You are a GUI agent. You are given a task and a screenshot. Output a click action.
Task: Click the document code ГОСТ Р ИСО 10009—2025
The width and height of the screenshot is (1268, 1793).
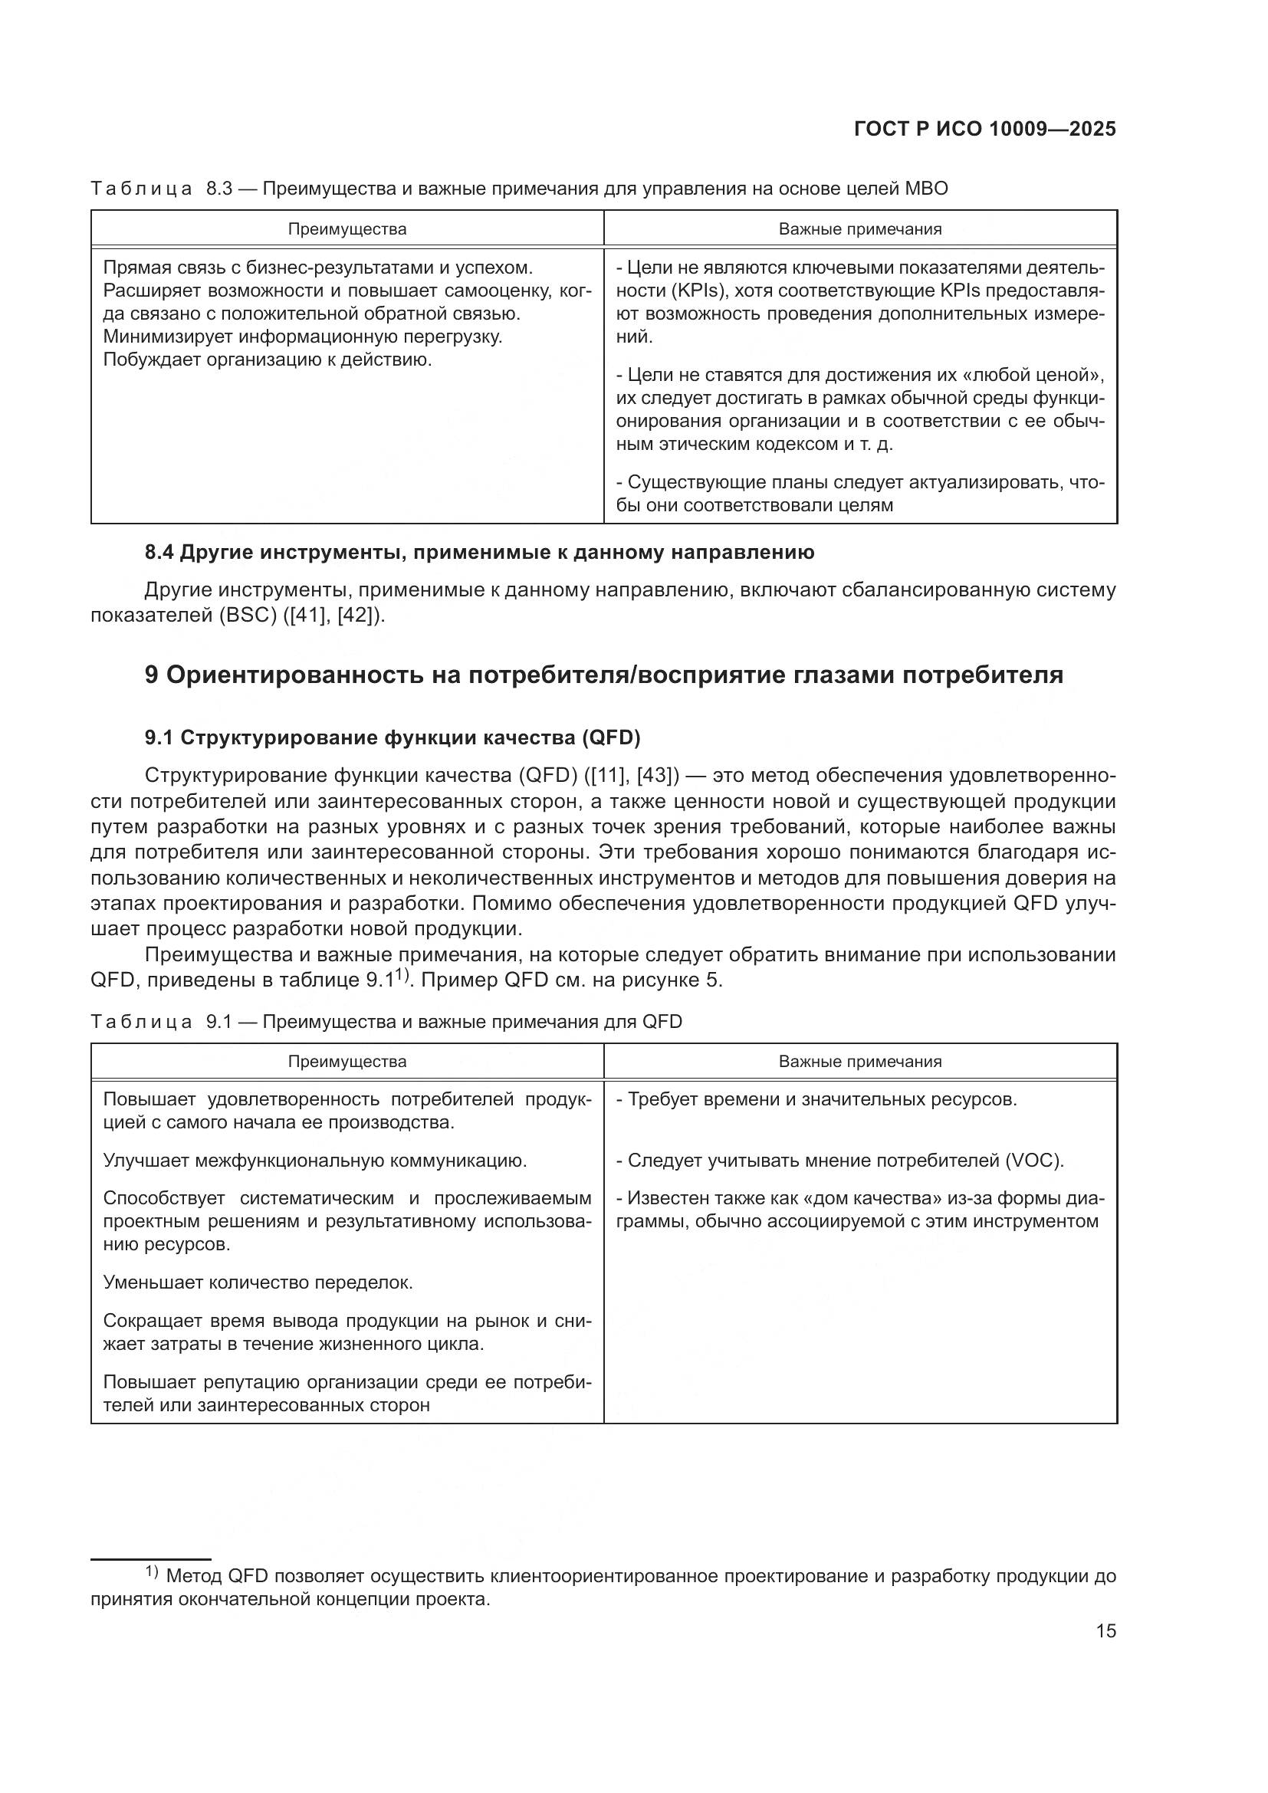point(984,130)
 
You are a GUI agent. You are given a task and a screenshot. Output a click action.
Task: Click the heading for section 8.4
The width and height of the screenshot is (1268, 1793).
point(479,552)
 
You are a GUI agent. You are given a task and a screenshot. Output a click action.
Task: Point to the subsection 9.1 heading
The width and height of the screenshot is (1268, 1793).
point(392,737)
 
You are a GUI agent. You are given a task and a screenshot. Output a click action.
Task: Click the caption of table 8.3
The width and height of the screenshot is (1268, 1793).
point(519,189)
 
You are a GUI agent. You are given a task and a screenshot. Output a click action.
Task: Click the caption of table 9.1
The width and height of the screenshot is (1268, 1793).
point(386,1021)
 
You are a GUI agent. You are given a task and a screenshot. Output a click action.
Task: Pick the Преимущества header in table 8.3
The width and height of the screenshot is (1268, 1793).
point(347,230)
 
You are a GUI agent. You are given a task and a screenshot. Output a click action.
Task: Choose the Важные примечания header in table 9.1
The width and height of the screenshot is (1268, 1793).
point(859,1061)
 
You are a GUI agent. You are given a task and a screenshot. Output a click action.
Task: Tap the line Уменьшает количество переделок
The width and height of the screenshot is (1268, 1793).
point(258,1282)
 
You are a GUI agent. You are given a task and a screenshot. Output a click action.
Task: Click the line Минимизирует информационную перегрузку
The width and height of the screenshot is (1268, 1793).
point(303,337)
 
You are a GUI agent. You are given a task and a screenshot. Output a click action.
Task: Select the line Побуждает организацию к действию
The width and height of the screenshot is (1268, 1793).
point(268,360)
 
